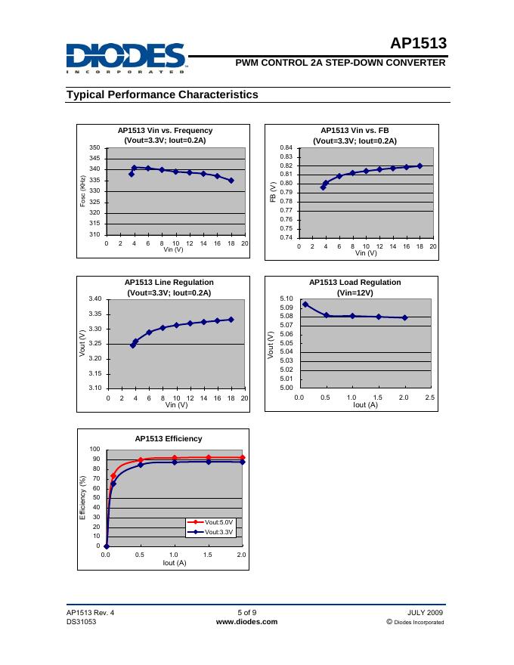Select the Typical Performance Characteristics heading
pos(163,94)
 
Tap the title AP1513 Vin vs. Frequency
pos(165,130)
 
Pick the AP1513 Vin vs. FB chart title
pos(355,130)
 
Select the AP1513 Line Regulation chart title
pos(169,282)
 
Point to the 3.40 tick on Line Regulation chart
pos(95,299)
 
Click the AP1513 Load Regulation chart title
pos(355,282)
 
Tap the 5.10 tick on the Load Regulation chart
pos(286,299)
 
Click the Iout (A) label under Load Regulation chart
pos(366,405)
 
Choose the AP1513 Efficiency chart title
pos(169,438)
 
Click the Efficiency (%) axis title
pos(82,496)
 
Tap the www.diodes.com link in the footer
pos(246,622)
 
